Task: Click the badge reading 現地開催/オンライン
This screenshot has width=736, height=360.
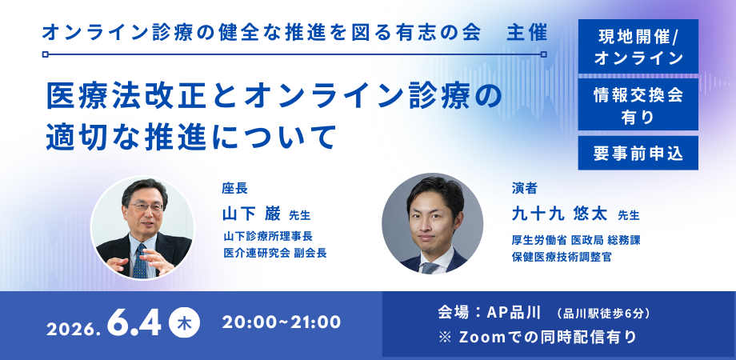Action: (638, 46)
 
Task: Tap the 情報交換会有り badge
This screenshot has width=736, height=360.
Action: (638, 104)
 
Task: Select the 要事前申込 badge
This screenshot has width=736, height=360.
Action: (638, 153)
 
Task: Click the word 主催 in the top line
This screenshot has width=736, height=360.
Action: (527, 32)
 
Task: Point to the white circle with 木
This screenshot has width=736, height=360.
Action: (185, 323)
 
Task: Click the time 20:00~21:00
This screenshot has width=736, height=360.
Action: (282, 322)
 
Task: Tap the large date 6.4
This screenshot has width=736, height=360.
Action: (134, 323)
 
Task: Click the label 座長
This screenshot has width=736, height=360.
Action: (234, 188)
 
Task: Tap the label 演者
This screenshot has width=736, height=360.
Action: (524, 188)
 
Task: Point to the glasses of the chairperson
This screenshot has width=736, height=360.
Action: (146, 206)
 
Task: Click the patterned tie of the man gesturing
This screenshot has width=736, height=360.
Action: (140, 262)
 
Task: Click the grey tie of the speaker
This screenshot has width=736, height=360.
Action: (430, 267)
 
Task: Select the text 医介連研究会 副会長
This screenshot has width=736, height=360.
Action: (274, 253)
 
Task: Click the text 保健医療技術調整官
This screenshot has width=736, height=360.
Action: (562, 257)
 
